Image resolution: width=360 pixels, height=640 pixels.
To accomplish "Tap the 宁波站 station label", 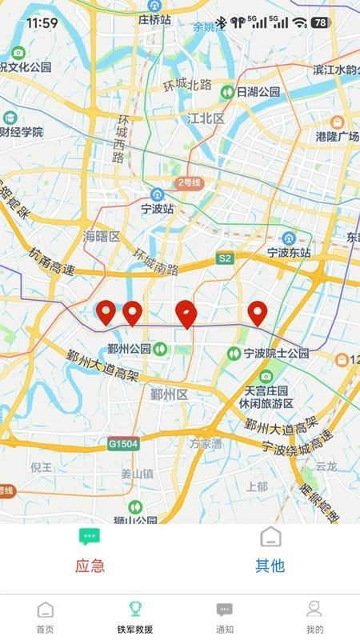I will click(157, 209).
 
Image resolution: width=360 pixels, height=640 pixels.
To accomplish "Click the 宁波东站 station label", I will click(289, 251).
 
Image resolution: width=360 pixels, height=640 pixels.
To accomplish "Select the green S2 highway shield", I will click(225, 258).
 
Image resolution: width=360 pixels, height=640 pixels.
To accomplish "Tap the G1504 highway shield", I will click(124, 442).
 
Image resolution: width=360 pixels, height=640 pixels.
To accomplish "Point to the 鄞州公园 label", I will click(130, 349).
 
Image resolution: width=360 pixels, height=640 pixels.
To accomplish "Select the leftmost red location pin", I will click(105, 312).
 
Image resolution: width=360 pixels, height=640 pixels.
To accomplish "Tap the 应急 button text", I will click(90, 566).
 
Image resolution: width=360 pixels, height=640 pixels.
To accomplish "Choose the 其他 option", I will click(270, 566).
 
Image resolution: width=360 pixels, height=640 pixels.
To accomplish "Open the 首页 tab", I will click(46, 618).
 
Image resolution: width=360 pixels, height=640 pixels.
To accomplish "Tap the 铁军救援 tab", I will click(134, 618).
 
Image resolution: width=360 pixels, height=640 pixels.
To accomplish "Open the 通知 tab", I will click(225, 618).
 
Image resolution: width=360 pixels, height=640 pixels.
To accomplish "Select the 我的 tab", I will click(314, 618).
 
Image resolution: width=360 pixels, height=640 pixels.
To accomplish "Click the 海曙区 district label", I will click(102, 237).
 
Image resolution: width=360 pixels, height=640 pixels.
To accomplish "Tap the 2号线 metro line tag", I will click(190, 183).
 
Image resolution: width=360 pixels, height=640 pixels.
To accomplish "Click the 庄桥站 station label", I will click(154, 19).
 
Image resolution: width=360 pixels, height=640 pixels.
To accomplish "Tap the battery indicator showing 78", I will click(321, 22).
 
